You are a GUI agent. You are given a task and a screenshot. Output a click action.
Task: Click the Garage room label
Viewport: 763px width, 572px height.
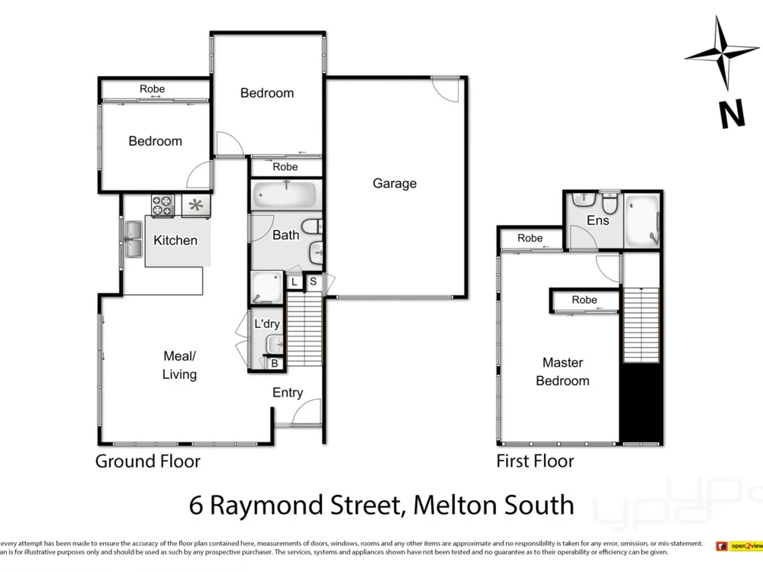click(394, 183)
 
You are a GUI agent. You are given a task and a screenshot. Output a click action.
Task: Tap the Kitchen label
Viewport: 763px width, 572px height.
click(175, 240)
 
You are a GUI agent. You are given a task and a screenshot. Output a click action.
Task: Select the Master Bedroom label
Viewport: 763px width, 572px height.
click(562, 371)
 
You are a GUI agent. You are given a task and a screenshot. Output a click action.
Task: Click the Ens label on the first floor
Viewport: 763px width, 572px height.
click(597, 220)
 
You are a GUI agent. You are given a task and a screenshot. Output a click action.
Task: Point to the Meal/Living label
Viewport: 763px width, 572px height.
click(180, 365)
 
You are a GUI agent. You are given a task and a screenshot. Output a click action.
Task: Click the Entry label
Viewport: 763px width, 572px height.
click(288, 393)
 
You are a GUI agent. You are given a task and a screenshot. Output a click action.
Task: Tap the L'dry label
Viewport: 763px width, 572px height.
click(267, 324)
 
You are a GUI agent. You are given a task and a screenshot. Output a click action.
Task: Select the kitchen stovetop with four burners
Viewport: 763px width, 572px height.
click(163, 205)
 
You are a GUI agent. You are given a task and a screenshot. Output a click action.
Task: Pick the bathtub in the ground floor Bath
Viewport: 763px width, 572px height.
click(284, 194)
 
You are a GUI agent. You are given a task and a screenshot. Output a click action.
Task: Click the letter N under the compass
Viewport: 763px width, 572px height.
click(732, 115)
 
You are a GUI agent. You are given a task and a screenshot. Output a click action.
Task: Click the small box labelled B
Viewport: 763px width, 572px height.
click(274, 365)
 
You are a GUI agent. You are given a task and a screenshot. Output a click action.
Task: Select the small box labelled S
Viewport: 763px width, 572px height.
click(313, 282)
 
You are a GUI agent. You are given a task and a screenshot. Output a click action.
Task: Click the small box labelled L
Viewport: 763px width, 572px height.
click(295, 282)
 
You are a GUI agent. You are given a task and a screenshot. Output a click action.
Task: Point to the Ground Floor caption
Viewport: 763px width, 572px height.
click(147, 461)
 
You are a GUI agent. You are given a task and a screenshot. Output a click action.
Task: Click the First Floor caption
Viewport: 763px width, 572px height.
click(535, 461)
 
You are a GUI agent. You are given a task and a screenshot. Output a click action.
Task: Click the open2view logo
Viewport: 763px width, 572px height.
click(739, 546)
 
